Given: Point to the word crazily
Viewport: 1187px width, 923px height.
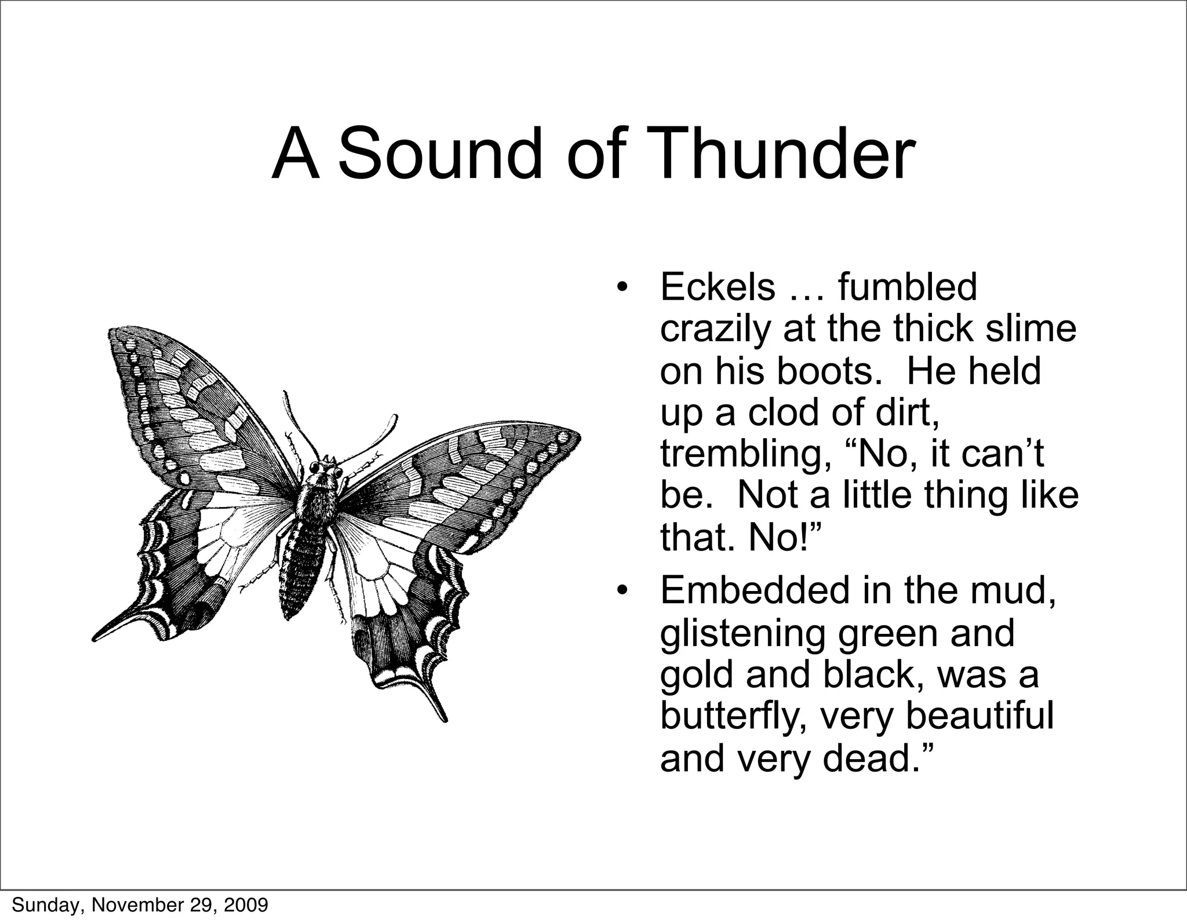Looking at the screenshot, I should click(716, 330).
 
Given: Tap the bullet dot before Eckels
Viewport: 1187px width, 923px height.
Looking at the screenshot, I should click(622, 287).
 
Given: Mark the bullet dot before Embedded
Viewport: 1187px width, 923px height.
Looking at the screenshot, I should click(622, 591).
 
